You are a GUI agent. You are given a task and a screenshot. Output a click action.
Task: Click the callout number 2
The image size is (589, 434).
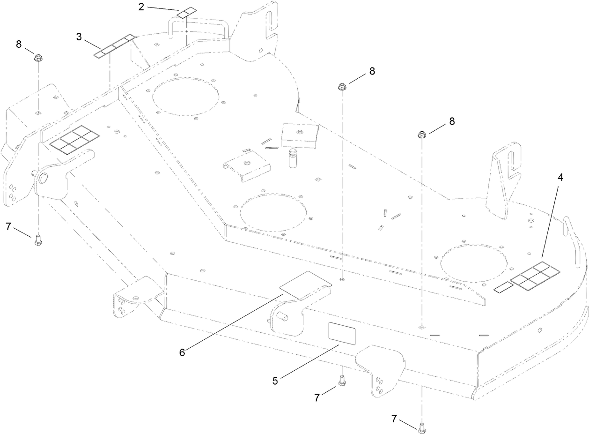click(141, 7)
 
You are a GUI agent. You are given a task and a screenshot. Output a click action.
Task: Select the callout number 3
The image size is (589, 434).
click(79, 37)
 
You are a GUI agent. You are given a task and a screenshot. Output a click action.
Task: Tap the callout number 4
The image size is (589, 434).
click(560, 178)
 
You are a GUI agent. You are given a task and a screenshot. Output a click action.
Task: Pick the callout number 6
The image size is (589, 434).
click(182, 352)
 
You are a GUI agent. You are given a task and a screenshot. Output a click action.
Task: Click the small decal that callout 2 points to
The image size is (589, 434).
click(187, 13)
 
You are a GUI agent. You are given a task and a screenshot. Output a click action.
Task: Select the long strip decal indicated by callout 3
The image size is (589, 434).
click(114, 46)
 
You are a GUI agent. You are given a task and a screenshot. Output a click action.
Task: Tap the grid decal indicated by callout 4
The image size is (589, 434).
click(535, 276)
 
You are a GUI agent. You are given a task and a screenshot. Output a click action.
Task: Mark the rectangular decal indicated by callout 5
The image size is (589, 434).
click(342, 333)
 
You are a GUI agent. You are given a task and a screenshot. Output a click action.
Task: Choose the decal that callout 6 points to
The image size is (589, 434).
click(306, 285)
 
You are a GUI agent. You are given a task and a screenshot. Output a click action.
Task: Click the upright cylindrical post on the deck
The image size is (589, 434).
click(293, 157)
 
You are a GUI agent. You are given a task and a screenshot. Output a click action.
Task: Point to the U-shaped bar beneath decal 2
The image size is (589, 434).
click(199, 28)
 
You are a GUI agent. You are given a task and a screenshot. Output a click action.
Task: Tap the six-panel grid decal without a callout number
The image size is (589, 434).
click(74, 140)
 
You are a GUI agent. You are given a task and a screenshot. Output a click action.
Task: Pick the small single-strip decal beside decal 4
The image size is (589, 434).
click(503, 287)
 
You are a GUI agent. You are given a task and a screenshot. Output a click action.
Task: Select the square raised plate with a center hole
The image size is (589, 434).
click(300, 135)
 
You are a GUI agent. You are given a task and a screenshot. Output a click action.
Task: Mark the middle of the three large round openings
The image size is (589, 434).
click(273, 213)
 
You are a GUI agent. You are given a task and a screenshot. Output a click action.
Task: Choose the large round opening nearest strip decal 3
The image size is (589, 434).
click(185, 97)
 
